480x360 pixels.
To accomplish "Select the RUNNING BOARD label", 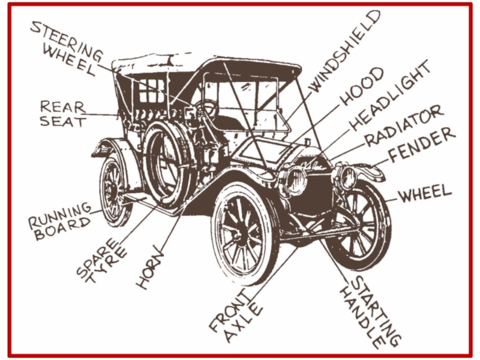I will pos(60,221).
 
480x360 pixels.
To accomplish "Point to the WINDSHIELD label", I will pos(344,50).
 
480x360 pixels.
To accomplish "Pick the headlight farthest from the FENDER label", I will pos(296,180).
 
